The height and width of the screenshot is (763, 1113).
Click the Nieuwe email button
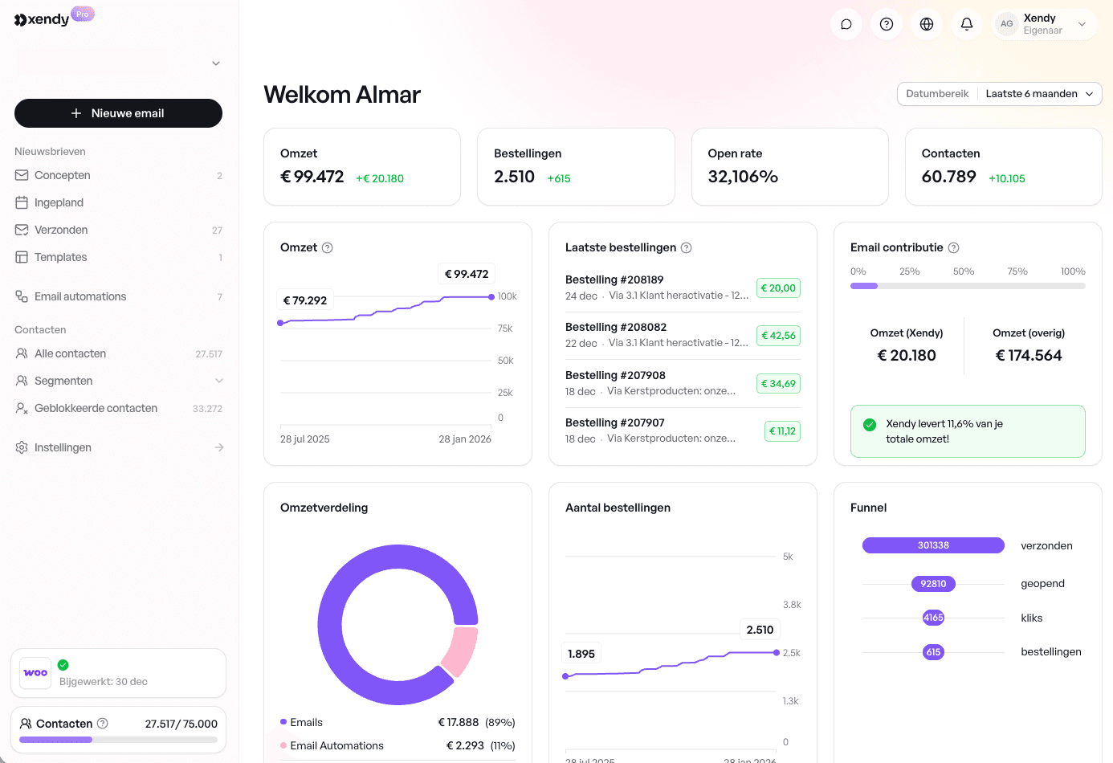118,113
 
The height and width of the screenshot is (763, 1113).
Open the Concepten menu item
63,175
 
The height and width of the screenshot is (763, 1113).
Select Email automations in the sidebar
80,296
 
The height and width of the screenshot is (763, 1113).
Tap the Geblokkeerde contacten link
96,408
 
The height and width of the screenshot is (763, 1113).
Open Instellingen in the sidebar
63,447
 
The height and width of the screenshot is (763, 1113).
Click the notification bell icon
966,24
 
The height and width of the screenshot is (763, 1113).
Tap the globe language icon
926,24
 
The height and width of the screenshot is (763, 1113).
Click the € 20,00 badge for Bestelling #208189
778,288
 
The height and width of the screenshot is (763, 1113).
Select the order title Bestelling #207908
615,375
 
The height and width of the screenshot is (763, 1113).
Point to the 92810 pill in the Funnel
933,584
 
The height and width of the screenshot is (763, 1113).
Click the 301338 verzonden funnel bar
933,545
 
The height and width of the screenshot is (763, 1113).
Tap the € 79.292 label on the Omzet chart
305,300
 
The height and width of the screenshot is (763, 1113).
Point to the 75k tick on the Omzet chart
505,328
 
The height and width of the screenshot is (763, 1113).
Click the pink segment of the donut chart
461,651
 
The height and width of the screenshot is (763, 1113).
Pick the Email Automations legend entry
336,745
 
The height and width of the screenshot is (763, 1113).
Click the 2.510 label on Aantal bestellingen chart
760,630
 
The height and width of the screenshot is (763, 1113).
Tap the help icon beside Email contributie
953,248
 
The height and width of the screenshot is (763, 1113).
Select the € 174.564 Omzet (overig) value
1028,355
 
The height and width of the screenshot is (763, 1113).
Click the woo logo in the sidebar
35,673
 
